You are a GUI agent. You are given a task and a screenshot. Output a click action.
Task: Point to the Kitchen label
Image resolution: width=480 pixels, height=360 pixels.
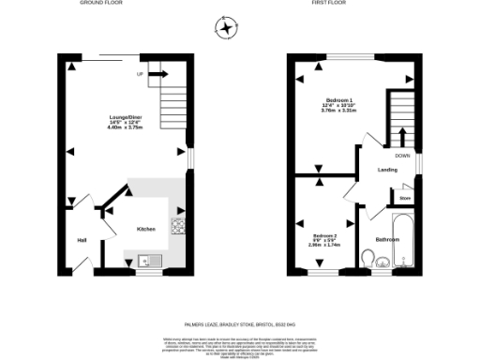coord(146,228)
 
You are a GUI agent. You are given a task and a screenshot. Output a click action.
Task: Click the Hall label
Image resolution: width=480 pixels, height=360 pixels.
coord(82,240)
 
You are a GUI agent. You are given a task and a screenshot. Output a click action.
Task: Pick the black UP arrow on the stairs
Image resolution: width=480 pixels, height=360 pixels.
coord(156,72)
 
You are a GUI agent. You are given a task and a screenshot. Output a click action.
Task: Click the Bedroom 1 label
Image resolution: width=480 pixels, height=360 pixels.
coord(338,100)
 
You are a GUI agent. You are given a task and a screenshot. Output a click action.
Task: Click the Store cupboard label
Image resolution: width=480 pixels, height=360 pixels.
coord(405,199)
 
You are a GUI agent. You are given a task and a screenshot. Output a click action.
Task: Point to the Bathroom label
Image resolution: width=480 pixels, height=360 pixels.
coord(387,240)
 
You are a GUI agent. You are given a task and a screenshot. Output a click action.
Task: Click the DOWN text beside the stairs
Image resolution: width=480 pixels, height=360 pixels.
coord(402,156)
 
